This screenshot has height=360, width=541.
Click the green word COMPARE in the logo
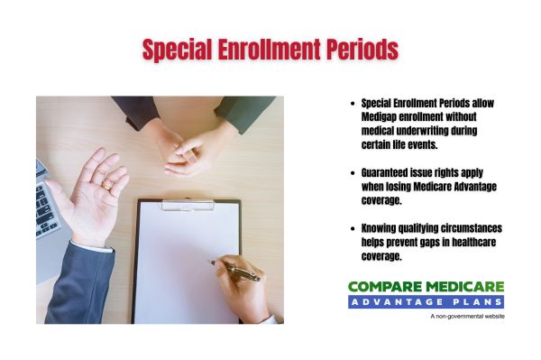[x=383, y=287]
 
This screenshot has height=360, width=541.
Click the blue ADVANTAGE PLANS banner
[x=426, y=301]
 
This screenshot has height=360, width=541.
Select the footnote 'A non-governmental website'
[x=467, y=317]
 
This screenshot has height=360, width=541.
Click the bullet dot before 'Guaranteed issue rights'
[x=351, y=172]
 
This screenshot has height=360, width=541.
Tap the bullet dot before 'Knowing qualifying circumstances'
[x=351, y=228]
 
